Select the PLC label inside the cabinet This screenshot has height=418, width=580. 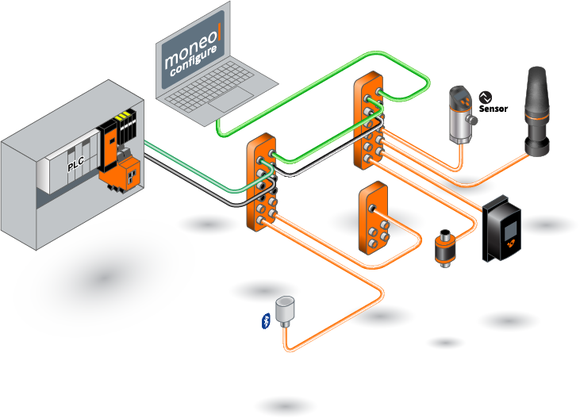pyautogui.click(x=76, y=165)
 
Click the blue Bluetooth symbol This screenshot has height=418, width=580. pyautogui.click(x=266, y=320)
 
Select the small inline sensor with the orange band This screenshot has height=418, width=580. pyautogui.click(x=442, y=246)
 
